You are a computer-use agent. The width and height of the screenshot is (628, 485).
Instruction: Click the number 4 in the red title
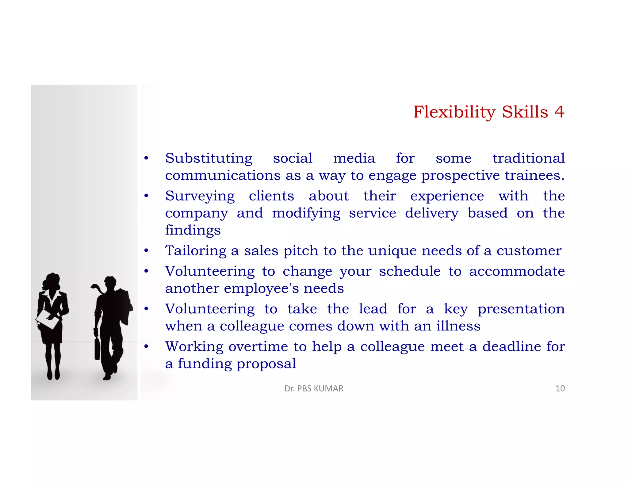[559, 112]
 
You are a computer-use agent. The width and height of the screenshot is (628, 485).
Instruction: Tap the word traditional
[529, 158]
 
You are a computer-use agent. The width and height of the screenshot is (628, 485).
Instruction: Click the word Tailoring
[196, 251]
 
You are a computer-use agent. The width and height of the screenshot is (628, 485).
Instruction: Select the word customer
[529, 251]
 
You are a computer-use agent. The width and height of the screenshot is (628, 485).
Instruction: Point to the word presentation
[521, 309]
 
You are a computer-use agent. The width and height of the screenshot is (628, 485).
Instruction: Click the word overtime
[258, 347]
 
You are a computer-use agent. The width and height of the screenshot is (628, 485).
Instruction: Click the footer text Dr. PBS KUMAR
[314, 389]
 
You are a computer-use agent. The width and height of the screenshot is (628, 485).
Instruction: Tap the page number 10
[560, 389]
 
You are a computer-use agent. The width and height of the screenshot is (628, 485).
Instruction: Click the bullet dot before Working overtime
[147, 347]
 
